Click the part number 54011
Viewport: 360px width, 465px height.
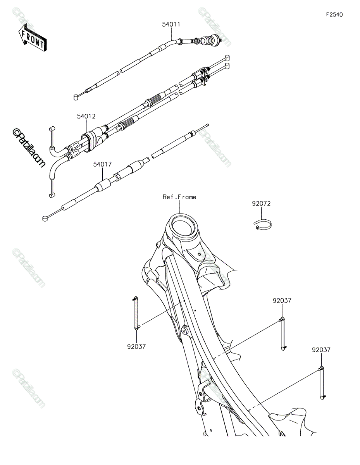171,24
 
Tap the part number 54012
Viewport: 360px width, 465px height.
86,116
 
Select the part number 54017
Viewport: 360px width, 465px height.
102,164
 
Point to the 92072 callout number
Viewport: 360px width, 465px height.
261,203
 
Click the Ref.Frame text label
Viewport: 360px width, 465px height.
179,197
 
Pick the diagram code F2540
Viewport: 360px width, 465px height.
334,15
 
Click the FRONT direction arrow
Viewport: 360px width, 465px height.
33,38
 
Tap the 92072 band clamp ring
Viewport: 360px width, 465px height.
263,224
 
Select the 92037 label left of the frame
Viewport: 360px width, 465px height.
136,346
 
